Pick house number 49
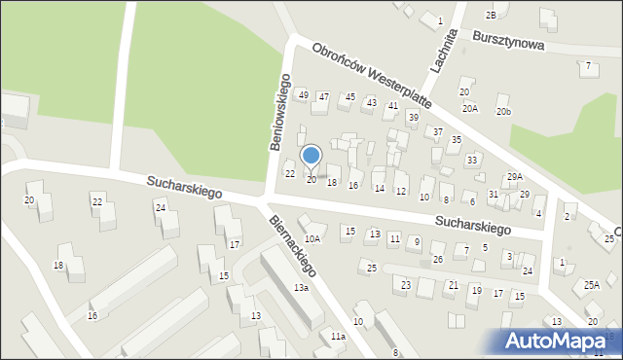(304, 94)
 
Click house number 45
(350, 97)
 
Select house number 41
(393, 105)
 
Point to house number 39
(413, 117)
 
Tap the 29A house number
(514, 176)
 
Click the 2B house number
(491, 16)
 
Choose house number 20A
(470, 108)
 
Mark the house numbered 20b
(502, 112)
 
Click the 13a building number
(302, 288)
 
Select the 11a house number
(337, 336)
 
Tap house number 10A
(311, 238)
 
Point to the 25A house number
(592, 285)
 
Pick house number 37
(438, 131)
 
